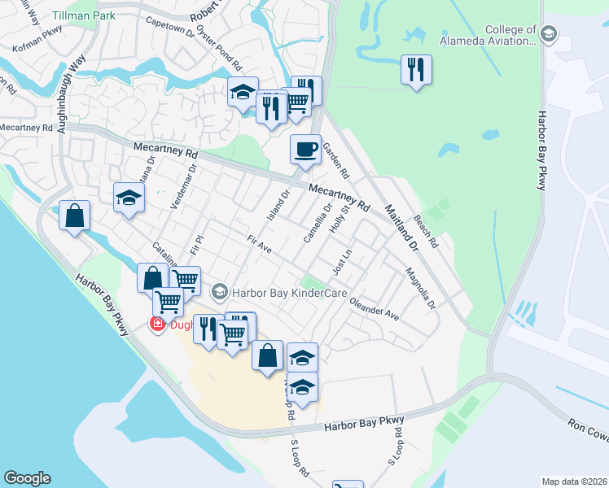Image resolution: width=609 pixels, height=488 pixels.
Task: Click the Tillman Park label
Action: [x=83, y=15]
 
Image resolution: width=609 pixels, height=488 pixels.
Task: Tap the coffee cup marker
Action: [x=305, y=150]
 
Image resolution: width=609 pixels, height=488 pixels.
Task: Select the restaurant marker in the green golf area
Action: [x=416, y=70]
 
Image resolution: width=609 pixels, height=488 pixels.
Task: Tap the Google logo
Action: [x=27, y=478]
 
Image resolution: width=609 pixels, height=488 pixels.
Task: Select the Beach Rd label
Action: [x=426, y=232]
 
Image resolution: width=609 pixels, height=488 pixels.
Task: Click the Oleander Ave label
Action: [x=374, y=309]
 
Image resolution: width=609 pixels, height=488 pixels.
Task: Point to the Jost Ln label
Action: [x=342, y=263]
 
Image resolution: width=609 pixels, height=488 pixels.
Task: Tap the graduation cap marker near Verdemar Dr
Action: [x=129, y=198]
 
